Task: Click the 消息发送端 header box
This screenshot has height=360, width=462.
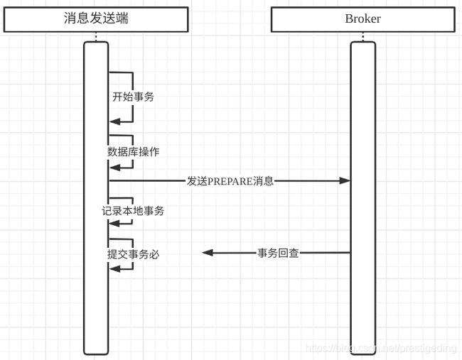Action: [96, 19]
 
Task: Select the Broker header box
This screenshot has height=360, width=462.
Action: [363, 19]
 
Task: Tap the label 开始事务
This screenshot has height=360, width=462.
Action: [133, 97]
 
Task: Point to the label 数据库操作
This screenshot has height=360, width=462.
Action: [133, 152]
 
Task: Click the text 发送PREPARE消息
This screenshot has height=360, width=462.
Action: [230, 181]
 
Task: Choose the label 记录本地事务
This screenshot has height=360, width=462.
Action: [133, 211]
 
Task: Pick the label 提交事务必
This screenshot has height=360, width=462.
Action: [133, 254]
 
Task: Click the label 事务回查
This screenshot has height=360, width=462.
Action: [278, 253]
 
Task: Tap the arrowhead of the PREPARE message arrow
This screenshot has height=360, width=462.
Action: [345, 180]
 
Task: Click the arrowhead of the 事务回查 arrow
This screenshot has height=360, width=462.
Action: [208, 253]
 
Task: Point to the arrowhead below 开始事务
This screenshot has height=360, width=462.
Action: [115, 121]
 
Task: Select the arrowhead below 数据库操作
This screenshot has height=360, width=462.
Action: [115, 168]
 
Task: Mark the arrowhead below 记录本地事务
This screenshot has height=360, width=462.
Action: [115, 224]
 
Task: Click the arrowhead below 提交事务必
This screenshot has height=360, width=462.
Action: [115, 268]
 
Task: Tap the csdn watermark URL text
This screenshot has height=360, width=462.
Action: [381, 349]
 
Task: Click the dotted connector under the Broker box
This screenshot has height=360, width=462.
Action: [363, 37]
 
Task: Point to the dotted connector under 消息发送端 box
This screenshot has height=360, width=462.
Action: [96, 37]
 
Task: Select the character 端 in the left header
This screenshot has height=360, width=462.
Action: [122, 18]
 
